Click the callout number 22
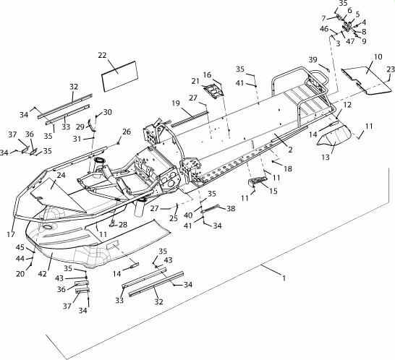click(x=102, y=55)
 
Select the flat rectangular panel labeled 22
click(x=120, y=76)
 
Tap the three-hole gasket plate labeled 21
click(x=214, y=92)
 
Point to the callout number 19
click(x=176, y=103)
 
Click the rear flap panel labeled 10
click(x=367, y=81)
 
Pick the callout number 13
click(x=326, y=158)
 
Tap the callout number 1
click(x=284, y=278)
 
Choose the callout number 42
click(x=42, y=274)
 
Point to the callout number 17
click(x=11, y=234)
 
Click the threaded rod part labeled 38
click(x=211, y=209)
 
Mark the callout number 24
click(x=61, y=175)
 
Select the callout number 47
click(x=350, y=41)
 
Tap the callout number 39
click(x=313, y=60)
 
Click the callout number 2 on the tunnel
click(x=290, y=150)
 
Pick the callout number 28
click(x=123, y=225)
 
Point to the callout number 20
click(x=20, y=274)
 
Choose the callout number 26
click(x=127, y=132)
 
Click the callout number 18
click(x=288, y=168)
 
